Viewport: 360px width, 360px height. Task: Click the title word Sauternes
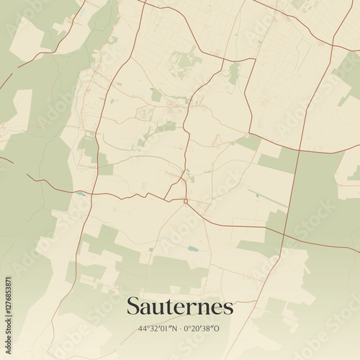(x=180, y=307)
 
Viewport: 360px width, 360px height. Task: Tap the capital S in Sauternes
(x=133, y=307)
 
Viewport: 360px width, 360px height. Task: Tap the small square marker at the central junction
(x=185, y=201)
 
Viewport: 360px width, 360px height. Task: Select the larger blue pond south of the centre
(x=194, y=248)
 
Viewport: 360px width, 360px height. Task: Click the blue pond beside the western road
(x=81, y=194)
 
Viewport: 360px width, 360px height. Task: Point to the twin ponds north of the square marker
(x=189, y=178)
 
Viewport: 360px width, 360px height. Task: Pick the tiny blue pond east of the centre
(x=256, y=195)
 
